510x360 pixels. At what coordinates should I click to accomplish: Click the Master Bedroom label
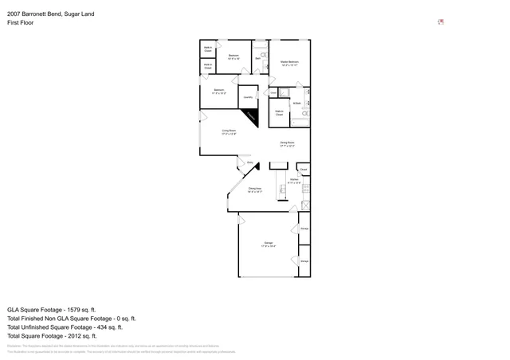(288, 63)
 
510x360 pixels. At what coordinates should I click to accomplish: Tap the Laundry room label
(248, 97)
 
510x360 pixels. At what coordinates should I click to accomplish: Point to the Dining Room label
(288, 144)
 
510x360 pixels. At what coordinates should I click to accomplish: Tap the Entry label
(249, 162)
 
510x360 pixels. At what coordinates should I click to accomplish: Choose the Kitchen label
(294, 182)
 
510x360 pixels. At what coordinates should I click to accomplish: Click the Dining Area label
(255, 190)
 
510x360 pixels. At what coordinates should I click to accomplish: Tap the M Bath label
(296, 103)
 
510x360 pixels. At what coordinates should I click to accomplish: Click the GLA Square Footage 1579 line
(51, 309)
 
